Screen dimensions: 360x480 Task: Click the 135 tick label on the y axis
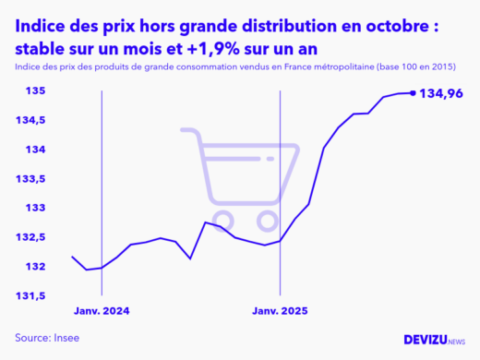click(x=35, y=91)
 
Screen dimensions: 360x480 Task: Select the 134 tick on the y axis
click(x=35, y=150)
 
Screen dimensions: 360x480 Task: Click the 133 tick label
click(x=35, y=208)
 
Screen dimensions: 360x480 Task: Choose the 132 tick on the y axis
click(x=35, y=267)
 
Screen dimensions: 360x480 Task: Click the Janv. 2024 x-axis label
click(x=102, y=310)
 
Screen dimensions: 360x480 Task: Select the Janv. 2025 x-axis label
click(x=281, y=310)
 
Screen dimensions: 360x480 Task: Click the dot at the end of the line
click(x=412, y=92)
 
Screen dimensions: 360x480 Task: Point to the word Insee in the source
click(x=65, y=338)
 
